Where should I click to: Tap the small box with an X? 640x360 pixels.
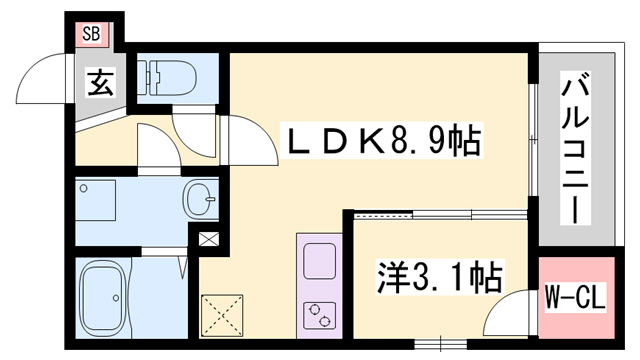tap(208, 240)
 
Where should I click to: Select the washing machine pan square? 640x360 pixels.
tap(97, 202)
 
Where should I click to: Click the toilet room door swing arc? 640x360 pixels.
tap(192, 128)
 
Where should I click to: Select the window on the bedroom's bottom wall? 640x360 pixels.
tap(435, 344)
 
